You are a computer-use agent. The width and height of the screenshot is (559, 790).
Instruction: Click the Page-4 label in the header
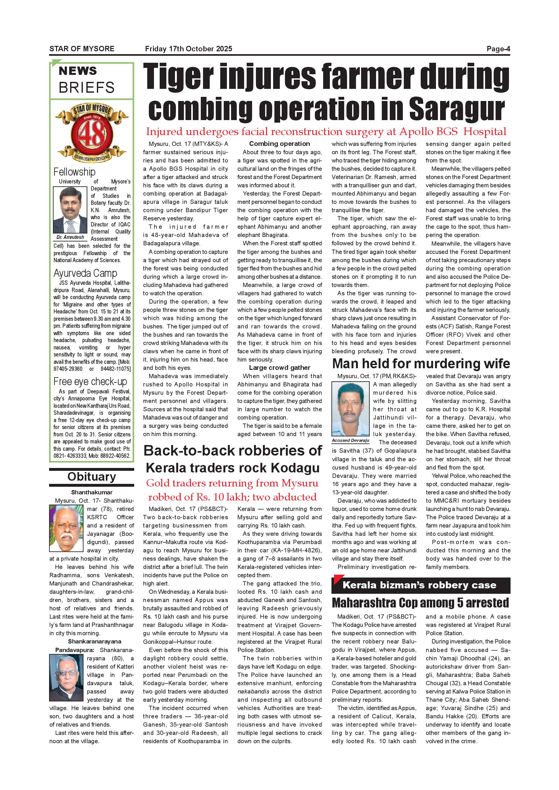click(x=498, y=49)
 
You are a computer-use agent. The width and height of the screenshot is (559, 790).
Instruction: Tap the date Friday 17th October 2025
click(x=188, y=49)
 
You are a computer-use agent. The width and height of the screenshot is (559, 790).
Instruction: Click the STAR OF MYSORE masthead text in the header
click(x=82, y=49)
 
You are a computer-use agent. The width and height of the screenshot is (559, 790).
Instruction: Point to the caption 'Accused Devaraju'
click(x=350, y=441)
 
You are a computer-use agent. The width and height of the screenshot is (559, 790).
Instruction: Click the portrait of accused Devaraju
click(x=350, y=409)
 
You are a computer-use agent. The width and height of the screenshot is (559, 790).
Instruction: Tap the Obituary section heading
click(x=91, y=477)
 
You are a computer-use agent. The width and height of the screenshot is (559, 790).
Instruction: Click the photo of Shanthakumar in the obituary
click(x=66, y=528)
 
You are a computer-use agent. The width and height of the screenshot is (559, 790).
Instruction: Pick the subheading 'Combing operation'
click(x=279, y=144)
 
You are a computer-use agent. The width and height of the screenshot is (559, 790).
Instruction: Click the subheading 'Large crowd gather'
click(x=279, y=368)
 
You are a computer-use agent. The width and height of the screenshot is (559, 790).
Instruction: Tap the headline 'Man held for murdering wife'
click(x=421, y=364)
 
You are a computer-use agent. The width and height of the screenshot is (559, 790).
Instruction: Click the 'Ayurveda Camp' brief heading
click(x=85, y=273)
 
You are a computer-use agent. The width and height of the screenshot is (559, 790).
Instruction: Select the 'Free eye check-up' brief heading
click(x=90, y=382)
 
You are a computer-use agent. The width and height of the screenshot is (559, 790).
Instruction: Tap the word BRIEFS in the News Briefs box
click(x=86, y=87)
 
